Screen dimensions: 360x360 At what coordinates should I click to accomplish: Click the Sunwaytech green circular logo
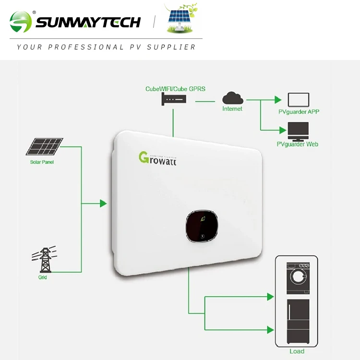[x=21, y=22]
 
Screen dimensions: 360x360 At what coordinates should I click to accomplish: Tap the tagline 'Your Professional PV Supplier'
[x=106, y=47]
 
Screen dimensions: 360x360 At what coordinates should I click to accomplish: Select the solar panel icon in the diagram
[x=44, y=147]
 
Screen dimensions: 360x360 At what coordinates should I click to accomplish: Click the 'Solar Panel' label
[x=42, y=162]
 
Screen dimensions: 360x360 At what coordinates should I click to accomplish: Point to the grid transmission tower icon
[x=44, y=259]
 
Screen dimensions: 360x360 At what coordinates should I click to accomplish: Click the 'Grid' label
[x=43, y=277]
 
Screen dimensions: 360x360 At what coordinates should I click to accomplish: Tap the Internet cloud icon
[x=233, y=98]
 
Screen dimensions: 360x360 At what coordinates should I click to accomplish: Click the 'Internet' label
[x=232, y=109]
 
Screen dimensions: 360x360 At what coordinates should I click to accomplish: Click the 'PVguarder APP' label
[x=299, y=112]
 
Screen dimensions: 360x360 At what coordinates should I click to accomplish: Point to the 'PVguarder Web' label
[x=298, y=144]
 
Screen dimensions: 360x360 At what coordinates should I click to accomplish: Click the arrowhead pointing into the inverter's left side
[x=103, y=204]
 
